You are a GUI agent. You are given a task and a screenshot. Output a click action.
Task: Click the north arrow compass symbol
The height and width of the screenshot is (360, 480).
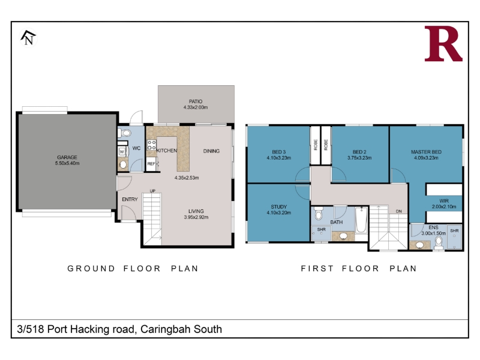click(x=28, y=37)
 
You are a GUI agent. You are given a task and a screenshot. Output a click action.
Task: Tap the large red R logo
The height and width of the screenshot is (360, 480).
click(x=443, y=43)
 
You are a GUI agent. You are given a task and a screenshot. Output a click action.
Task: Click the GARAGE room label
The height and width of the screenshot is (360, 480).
click(x=67, y=157)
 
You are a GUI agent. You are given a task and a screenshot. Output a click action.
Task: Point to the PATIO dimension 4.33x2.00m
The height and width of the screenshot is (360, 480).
click(x=196, y=107)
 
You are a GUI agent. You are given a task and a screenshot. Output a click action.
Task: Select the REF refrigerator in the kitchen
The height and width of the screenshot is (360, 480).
click(x=151, y=164)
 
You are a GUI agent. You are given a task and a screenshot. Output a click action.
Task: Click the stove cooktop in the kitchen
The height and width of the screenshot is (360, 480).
click(x=152, y=145)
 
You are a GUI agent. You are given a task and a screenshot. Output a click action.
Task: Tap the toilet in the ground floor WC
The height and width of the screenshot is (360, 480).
click(x=124, y=133)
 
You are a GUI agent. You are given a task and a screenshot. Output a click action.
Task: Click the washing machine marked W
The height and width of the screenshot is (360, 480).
click(x=122, y=152)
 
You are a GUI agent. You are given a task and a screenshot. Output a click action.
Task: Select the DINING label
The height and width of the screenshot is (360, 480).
click(x=211, y=151)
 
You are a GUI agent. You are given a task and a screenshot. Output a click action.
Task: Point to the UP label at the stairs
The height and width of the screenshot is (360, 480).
click(x=152, y=191)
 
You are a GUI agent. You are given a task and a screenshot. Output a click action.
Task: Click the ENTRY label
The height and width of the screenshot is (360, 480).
click(x=130, y=199)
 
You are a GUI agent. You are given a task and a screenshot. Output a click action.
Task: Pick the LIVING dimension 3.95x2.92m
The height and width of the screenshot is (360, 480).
click(x=196, y=217)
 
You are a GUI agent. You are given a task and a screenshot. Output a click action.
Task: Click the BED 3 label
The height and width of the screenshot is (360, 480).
click(x=278, y=152)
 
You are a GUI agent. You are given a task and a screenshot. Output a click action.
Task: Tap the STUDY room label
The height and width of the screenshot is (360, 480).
click(x=278, y=206)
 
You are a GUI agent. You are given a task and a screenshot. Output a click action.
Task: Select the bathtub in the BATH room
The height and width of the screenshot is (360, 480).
click(x=361, y=220)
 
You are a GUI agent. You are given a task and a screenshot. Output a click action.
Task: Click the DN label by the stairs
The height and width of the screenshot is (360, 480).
click(x=398, y=211)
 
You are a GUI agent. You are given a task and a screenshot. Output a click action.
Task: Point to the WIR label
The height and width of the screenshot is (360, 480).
click(x=444, y=201)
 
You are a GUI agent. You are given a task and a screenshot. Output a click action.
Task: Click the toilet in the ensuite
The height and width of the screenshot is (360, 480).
click(x=439, y=243)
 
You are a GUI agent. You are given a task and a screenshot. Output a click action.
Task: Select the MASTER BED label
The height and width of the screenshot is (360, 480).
click(x=426, y=152)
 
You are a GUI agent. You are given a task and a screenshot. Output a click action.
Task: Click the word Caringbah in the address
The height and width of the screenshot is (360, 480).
click(x=160, y=329)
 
